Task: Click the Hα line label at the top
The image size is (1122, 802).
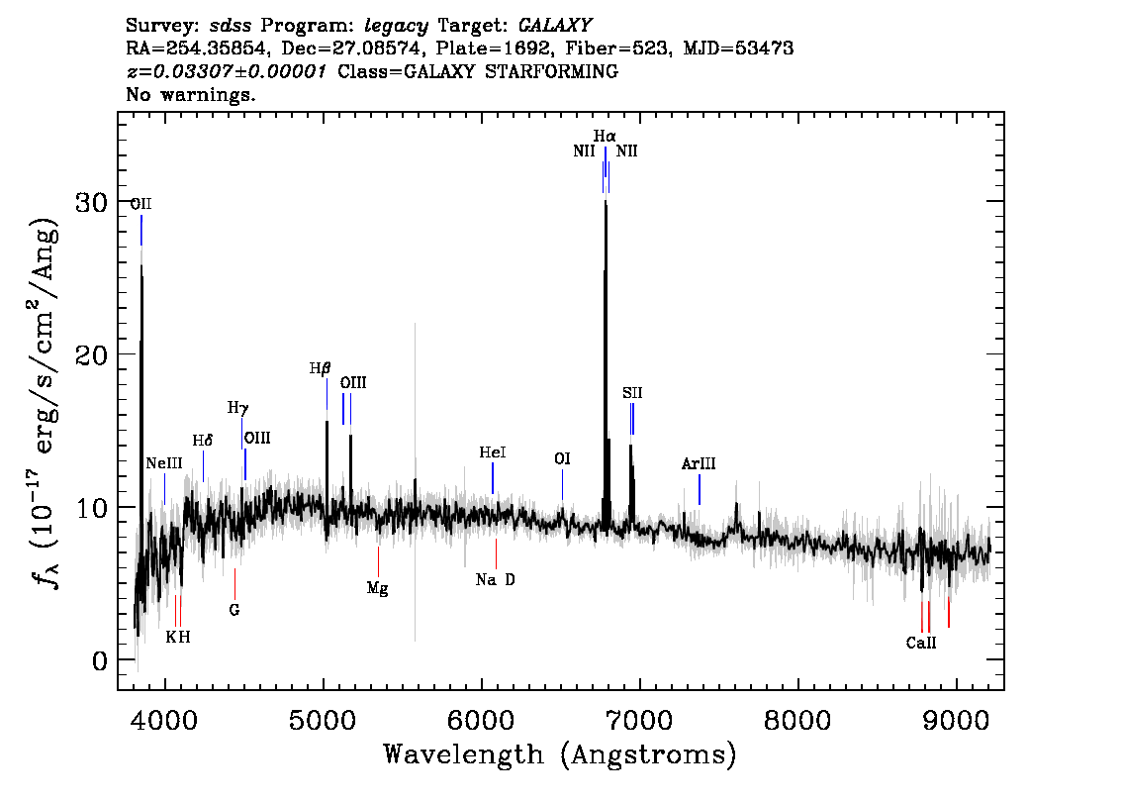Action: point(605,136)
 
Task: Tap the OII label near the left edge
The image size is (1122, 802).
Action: point(140,204)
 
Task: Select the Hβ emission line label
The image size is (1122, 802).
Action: point(320,368)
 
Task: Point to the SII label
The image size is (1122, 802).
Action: point(632,393)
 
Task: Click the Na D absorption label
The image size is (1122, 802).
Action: point(495,579)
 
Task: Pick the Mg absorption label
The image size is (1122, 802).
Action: point(377,588)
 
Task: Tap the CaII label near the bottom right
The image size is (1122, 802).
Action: point(921,643)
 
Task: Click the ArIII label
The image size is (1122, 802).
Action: point(699,464)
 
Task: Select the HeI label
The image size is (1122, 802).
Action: point(493,452)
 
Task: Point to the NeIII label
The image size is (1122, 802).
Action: point(164,463)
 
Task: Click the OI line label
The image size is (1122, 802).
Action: point(562,459)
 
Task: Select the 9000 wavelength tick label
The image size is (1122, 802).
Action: point(955,721)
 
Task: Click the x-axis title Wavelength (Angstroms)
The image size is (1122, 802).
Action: point(560,754)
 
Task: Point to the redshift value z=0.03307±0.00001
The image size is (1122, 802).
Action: point(227,71)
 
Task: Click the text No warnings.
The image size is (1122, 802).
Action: point(190,94)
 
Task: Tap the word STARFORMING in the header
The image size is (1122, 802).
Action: point(552,71)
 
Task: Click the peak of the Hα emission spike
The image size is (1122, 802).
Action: point(606,201)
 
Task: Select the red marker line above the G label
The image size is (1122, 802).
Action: point(234,583)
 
